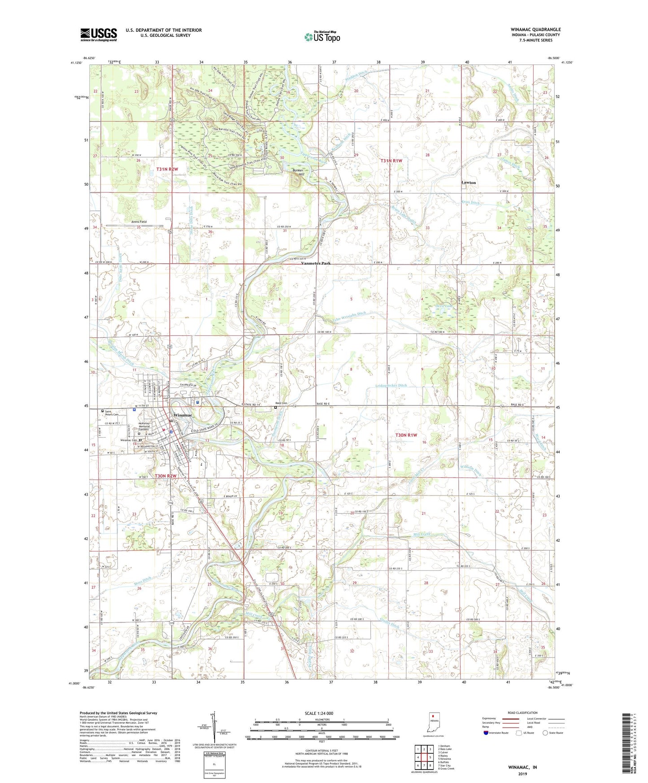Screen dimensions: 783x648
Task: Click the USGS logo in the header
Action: [x=99, y=34]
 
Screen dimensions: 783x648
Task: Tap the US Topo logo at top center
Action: [x=322, y=37]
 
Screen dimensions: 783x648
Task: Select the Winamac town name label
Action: [x=183, y=415]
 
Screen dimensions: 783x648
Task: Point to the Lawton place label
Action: [x=469, y=183]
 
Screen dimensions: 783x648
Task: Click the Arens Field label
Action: [x=139, y=222]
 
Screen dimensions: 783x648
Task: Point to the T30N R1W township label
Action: [x=406, y=435]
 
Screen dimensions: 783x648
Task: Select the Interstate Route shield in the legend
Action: [x=486, y=733]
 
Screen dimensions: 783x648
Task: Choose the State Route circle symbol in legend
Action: [x=545, y=733]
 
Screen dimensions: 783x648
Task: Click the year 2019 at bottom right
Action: [x=522, y=774]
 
